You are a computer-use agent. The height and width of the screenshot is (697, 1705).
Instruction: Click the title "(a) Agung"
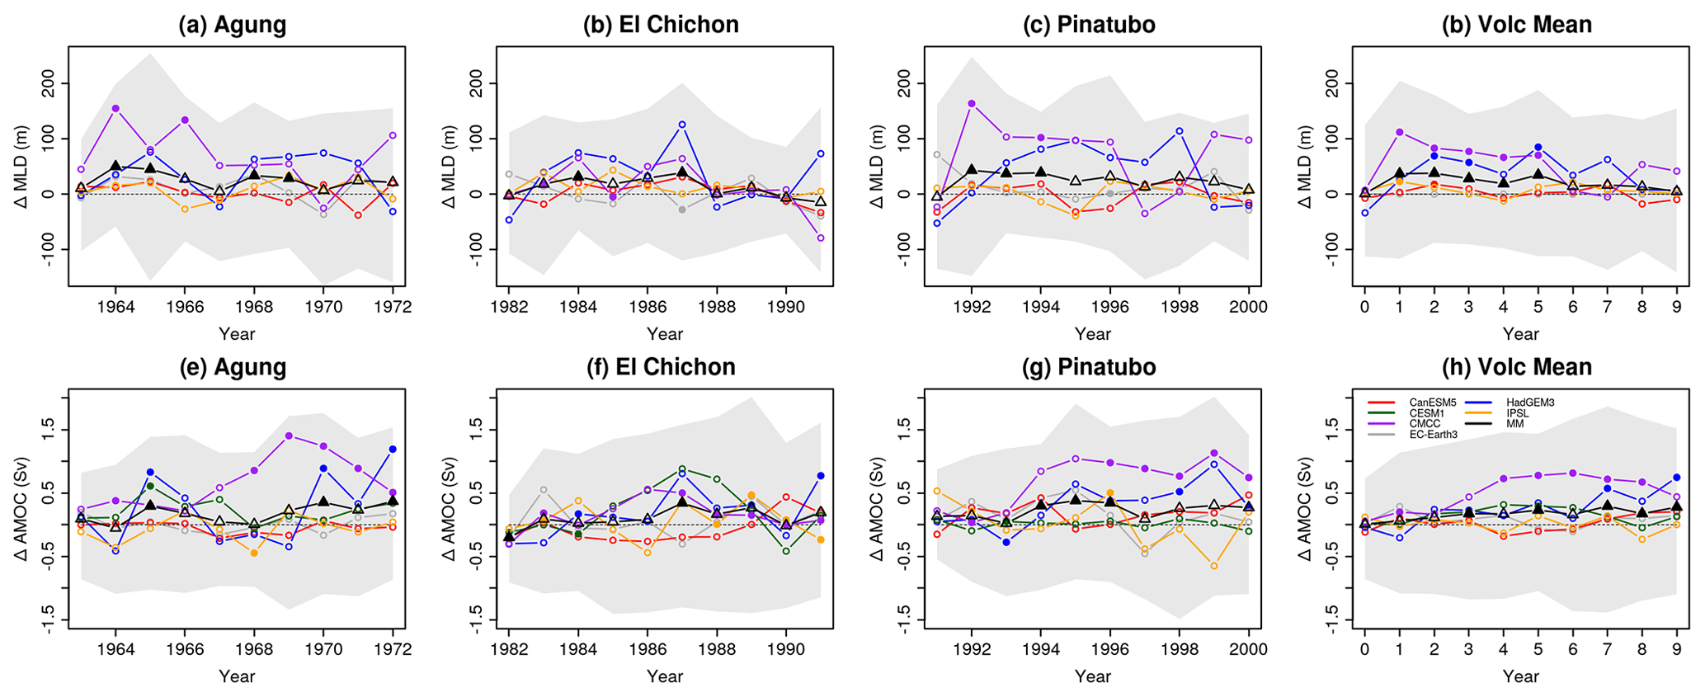[x=233, y=25]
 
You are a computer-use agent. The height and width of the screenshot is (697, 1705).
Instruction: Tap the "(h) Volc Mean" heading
[x=1516, y=367]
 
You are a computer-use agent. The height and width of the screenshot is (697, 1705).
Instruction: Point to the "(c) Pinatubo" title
[x=1089, y=25]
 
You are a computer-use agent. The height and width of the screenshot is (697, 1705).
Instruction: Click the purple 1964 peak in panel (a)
[x=115, y=108]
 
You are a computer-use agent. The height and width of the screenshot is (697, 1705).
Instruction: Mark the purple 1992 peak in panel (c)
[x=972, y=103]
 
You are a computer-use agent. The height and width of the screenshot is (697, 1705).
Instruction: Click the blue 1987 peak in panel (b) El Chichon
[x=682, y=125]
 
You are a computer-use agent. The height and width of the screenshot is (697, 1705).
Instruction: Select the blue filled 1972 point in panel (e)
[x=393, y=449]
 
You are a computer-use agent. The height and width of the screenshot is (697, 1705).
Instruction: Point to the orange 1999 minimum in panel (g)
[x=1214, y=566]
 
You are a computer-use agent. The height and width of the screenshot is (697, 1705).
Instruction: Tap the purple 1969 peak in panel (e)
[x=289, y=436]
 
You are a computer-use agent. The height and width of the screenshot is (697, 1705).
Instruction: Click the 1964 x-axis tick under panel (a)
[x=115, y=307]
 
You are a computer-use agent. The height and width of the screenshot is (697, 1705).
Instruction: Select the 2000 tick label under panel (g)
[x=1248, y=649]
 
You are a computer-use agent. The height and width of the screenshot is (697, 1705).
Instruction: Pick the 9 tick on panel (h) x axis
[x=1676, y=649]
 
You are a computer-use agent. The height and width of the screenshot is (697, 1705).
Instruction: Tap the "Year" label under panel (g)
[x=1092, y=677]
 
